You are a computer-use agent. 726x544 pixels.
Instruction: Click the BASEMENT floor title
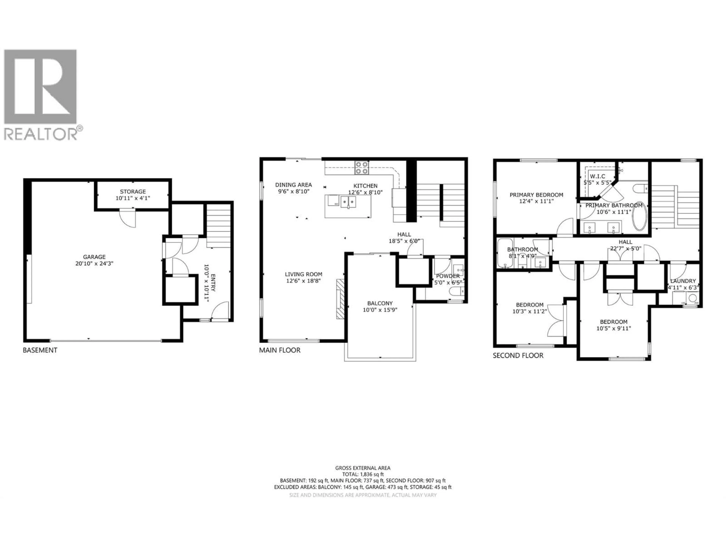(40, 350)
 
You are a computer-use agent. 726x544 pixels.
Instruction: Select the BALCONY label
(380, 303)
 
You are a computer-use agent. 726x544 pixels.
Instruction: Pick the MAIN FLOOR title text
(280, 350)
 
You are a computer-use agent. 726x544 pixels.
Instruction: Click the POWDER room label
(448, 276)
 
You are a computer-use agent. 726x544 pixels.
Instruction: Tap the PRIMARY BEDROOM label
(536, 195)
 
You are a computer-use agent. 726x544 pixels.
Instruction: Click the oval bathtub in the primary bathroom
(639, 216)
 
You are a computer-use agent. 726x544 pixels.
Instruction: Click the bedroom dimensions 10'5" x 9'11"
(614, 328)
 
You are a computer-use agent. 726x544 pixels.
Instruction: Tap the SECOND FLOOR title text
(518, 355)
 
